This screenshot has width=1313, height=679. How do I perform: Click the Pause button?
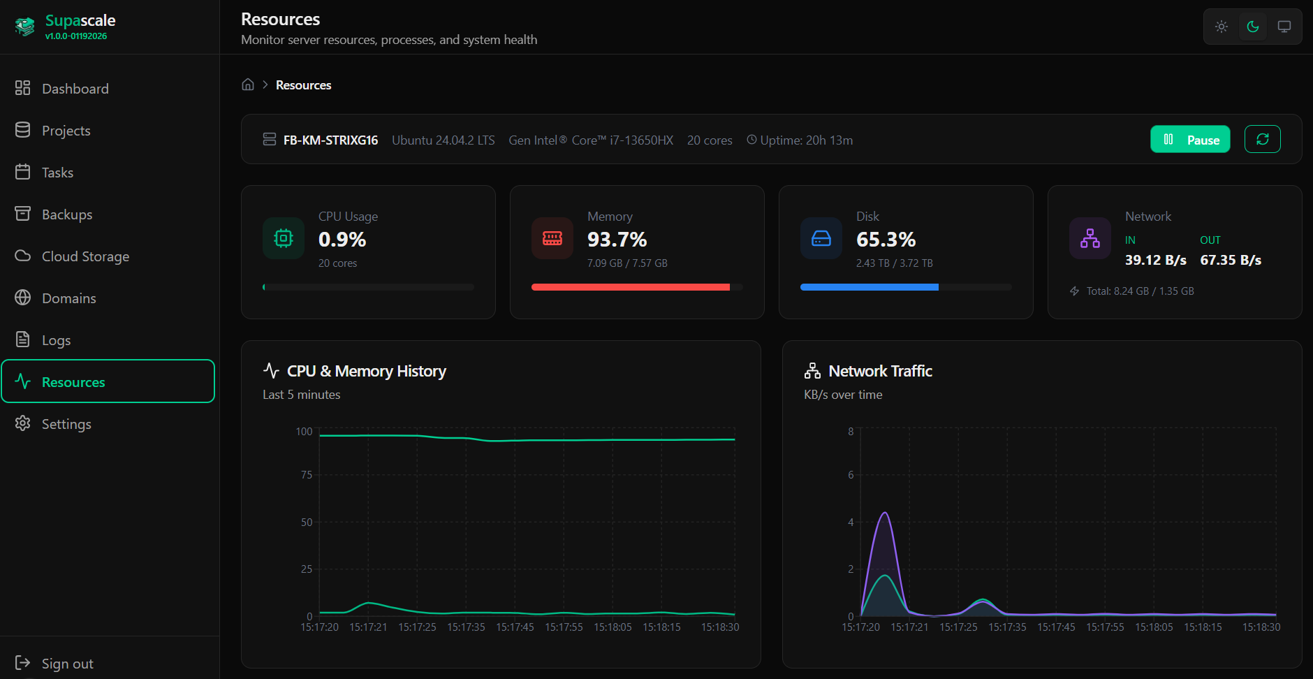[x=1189, y=140]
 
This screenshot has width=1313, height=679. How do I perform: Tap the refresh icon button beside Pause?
[x=1262, y=140]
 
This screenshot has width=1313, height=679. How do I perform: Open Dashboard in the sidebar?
[x=75, y=89]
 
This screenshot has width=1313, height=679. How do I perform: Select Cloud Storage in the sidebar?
[x=85, y=256]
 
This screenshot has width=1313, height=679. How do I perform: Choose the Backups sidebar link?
[x=66, y=214]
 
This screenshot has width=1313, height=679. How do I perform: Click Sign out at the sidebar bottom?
[x=67, y=664]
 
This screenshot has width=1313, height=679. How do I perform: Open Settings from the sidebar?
[x=66, y=424]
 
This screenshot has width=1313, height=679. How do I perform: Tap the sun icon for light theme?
[x=1221, y=27]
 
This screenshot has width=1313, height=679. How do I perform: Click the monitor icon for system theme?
[x=1284, y=27]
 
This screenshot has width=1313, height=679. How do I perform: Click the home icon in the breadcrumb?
[x=248, y=85]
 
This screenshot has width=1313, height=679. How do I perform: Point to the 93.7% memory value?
[x=617, y=240]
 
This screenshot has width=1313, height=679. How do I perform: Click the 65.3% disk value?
[x=886, y=240]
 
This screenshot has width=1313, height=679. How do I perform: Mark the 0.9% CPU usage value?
[x=342, y=240]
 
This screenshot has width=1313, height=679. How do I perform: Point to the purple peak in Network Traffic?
[x=885, y=513]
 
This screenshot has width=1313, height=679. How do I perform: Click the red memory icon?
[x=552, y=238]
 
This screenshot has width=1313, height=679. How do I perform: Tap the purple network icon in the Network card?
[x=1090, y=238]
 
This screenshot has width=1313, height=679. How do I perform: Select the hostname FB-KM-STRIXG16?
[x=330, y=140]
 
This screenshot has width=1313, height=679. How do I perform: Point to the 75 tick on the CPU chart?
[x=307, y=475]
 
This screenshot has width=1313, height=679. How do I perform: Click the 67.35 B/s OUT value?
[x=1231, y=260]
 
